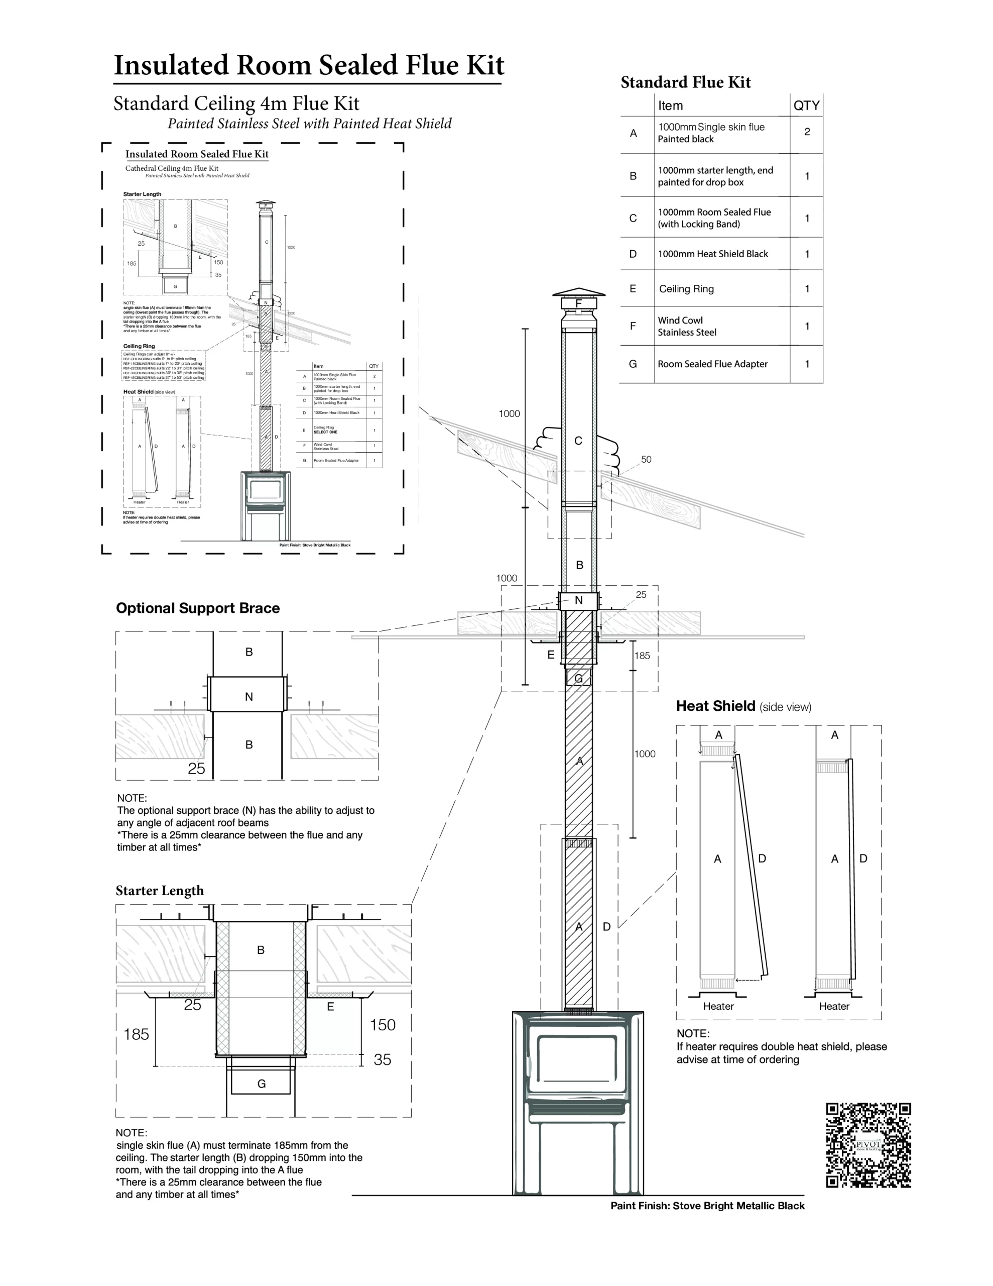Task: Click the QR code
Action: [868, 1145]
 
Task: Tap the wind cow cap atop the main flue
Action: [578, 294]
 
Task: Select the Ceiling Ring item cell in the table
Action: [686, 288]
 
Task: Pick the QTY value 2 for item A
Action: [806, 132]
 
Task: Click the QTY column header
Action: [806, 105]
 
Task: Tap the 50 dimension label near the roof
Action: [646, 459]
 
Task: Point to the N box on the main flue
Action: [578, 600]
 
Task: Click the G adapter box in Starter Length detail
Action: [262, 1084]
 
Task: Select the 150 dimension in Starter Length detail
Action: [382, 1025]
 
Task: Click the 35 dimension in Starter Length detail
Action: [382, 1060]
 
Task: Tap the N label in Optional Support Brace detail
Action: [249, 697]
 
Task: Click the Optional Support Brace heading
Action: [198, 608]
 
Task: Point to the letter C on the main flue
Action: [578, 441]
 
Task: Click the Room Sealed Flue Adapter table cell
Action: [712, 364]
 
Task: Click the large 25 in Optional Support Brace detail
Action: [196, 769]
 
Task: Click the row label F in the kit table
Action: [633, 326]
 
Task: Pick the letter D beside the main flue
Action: [606, 927]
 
